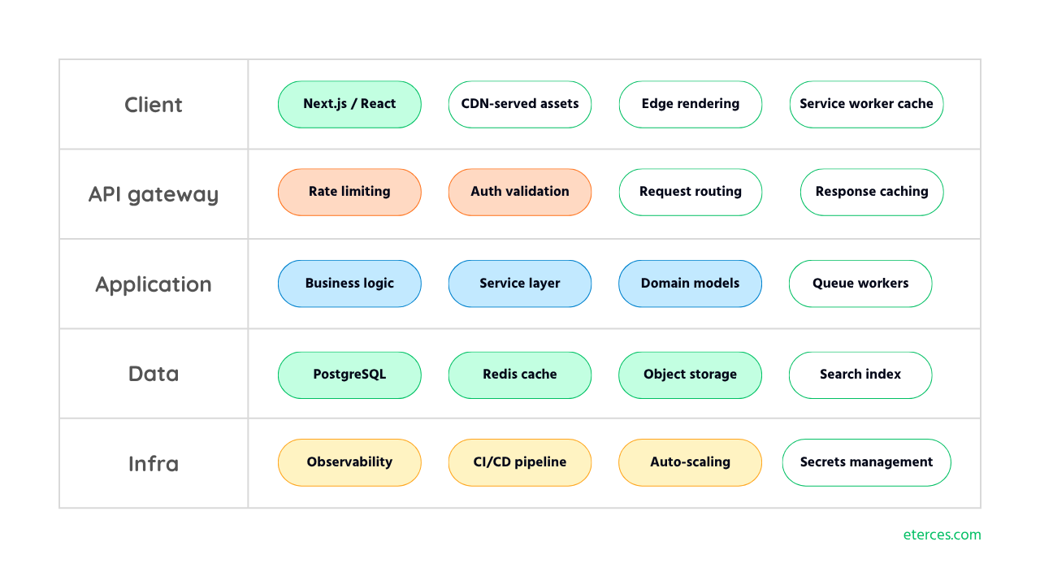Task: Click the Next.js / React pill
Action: tap(349, 105)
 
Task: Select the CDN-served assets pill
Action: tap(520, 105)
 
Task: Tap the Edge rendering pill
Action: tap(691, 105)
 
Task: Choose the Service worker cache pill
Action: tap(866, 105)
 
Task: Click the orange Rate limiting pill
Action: tap(349, 193)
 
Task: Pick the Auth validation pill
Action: tap(520, 193)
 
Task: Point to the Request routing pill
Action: tap(691, 193)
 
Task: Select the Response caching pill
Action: tap(872, 193)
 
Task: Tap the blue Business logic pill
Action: tap(349, 284)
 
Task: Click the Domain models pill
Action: tap(691, 284)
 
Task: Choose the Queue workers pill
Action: tap(860, 284)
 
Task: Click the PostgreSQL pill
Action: tap(349, 375)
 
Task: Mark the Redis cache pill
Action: tap(520, 375)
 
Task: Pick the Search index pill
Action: tap(860, 375)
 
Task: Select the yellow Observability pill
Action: tap(349, 462)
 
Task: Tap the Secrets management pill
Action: tap(866, 462)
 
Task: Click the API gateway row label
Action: tap(154, 194)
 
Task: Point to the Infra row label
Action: tap(154, 463)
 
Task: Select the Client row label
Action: tap(154, 105)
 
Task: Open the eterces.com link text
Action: tap(942, 535)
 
